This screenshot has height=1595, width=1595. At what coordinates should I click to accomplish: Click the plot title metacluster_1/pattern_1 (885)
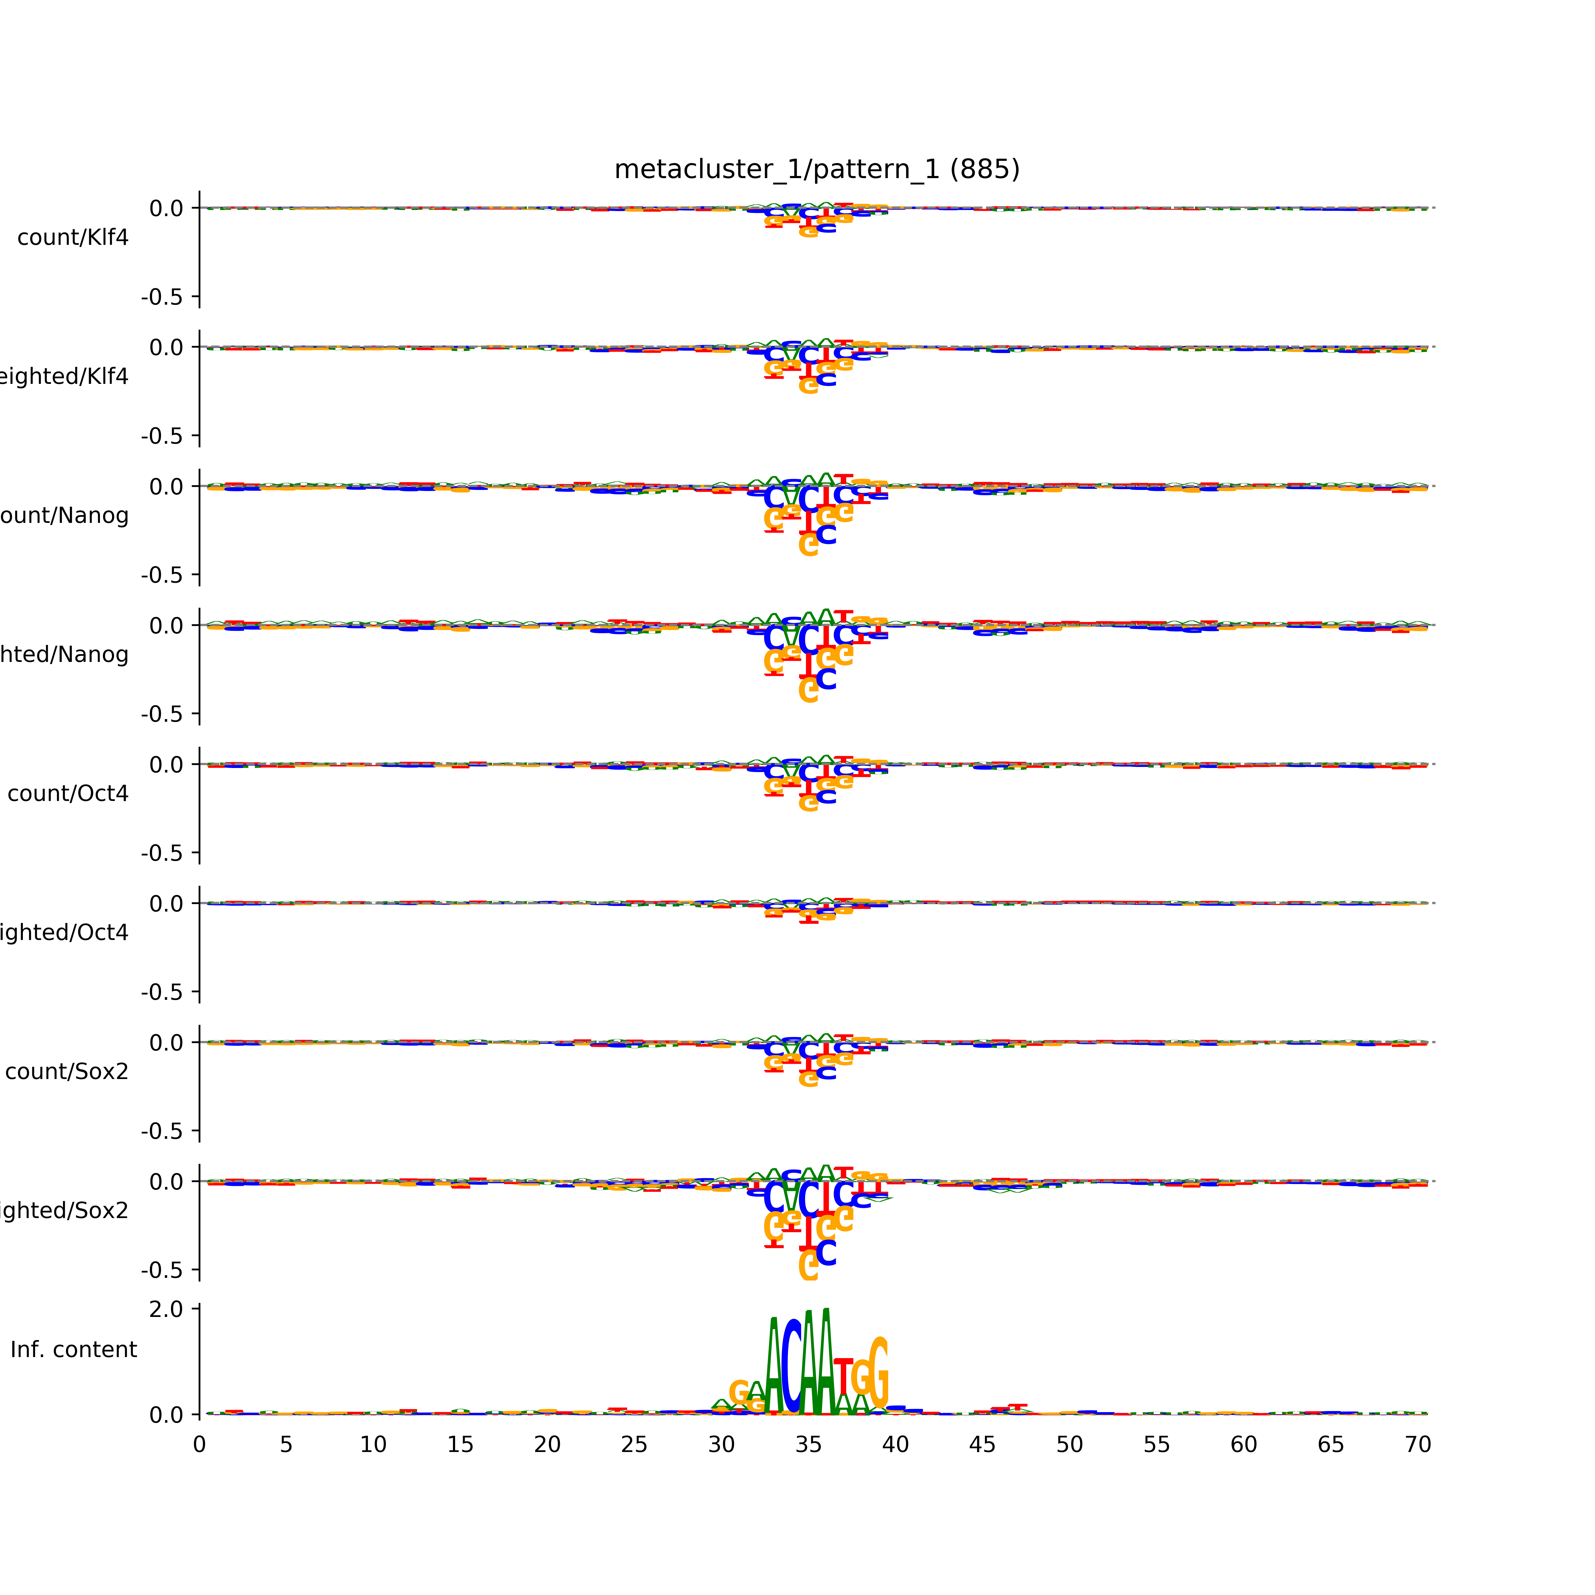click(x=816, y=169)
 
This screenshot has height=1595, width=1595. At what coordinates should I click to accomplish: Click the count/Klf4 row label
click(x=73, y=238)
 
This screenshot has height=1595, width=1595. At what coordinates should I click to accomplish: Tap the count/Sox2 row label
click(x=67, y=1072)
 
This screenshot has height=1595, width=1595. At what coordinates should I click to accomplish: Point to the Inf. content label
click(x=73, y=1350)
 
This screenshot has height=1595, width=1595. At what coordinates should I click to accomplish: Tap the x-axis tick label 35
click(x=808, y=1445)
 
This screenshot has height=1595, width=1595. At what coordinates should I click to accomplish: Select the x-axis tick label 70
click(x=1417, y=1445)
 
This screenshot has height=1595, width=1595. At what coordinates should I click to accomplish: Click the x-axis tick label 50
click(x=1069, y=1445)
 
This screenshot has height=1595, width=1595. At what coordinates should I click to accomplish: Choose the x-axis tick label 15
click(x=460, y=1445)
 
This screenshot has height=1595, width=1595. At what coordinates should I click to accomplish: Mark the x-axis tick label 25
click(x=634, y=1445)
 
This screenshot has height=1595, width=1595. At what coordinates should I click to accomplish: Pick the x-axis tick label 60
click(x=1243, y=1445)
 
